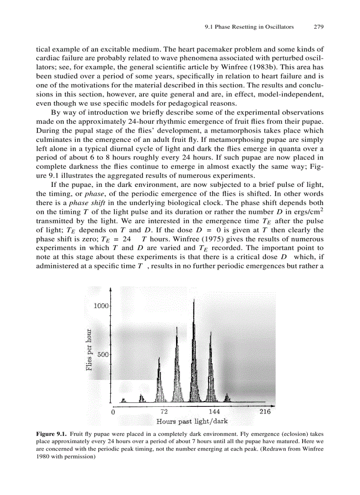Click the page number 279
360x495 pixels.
point(319,27)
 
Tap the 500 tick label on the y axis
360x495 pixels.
point(103,354)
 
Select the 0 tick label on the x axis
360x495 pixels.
point(113,412)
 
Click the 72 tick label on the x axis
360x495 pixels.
point(164,412)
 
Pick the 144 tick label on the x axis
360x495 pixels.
point(214,412)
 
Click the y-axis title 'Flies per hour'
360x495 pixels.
point(90,350)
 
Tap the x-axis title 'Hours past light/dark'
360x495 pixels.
point(192,421)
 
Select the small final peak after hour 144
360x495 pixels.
point(228,397)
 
